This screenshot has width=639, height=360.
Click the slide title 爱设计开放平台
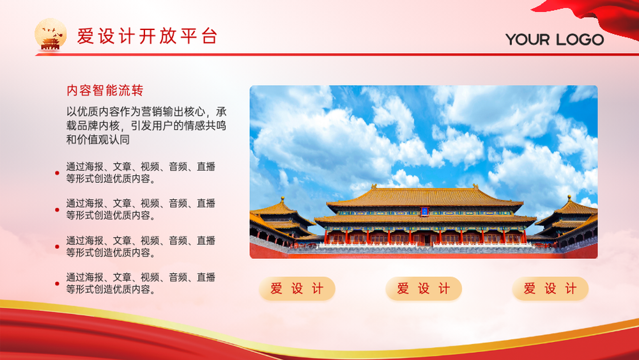(147, 36)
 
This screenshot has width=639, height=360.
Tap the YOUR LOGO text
(555, 40)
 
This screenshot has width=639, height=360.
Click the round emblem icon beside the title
(50, 35)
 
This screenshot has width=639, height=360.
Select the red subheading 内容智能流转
(105, 90)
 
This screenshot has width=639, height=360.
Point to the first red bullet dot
(57, 173)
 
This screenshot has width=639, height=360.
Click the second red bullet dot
(57, 210)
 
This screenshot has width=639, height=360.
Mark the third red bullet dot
(57, 247)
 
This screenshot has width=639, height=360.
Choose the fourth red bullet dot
(57, 283)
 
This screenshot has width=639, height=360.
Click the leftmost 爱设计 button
(297, 288)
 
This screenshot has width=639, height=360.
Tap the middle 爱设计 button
(424, 288)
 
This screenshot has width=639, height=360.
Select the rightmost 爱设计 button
(551, 288)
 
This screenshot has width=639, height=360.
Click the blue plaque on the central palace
(424, 211)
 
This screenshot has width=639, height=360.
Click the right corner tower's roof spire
(569, 199)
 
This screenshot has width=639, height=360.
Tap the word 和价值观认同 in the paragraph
(98, 139)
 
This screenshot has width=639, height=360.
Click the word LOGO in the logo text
(580, 40)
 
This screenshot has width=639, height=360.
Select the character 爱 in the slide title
(86, 36)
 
